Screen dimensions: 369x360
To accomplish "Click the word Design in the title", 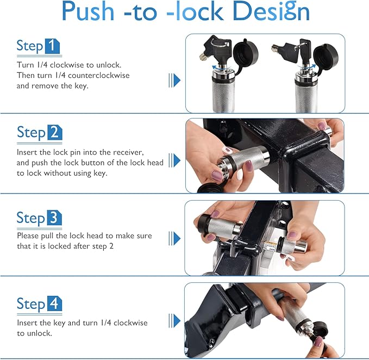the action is (271, 11).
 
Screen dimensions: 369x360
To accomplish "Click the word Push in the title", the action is (88, 11).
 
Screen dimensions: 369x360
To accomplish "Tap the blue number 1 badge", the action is (52, 46).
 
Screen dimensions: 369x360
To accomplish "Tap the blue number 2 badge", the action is (55, 132).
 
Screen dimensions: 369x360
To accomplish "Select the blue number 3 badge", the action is (54, 218).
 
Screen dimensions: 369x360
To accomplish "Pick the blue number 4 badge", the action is (54, 303).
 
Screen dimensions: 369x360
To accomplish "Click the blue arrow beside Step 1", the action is (174, 80).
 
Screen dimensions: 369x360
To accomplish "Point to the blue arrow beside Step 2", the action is (174, 160).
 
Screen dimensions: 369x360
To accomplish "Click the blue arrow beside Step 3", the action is (174, 238).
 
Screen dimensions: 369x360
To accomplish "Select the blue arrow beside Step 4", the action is (174, 321).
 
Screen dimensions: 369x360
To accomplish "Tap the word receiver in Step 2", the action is (128, 153).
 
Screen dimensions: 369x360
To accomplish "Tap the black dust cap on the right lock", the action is (326, 56).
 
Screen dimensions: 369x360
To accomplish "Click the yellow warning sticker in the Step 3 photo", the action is (270, 246).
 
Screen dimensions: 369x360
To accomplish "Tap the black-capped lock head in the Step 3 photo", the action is (218, 226).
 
